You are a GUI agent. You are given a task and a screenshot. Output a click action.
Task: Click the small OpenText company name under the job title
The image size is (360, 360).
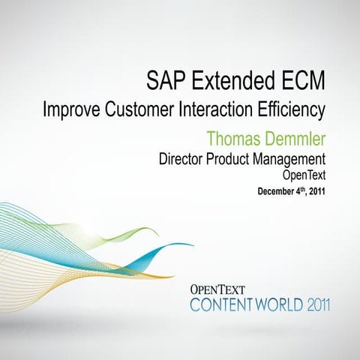click(x=304, y=175)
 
